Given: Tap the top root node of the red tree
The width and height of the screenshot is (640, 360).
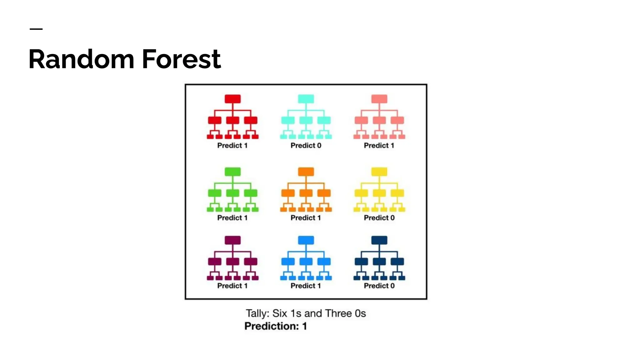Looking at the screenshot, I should (232, 99).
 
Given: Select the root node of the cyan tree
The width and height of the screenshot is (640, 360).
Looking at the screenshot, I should (306, 99).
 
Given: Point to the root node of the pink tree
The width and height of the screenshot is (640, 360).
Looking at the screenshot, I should (379, 99).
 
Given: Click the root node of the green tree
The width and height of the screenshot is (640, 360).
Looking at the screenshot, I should (232, 172).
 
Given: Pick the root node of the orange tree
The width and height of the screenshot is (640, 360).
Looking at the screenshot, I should (306, 172).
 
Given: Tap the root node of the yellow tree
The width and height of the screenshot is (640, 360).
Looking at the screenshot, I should (379, 172).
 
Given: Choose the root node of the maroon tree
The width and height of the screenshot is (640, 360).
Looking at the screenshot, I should (232, 240).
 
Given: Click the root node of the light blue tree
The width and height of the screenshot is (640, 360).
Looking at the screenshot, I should (306, 240).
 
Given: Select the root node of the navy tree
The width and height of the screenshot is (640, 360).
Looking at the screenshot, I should (379, 240).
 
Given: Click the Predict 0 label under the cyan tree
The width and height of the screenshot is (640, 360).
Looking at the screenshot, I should (306, 145).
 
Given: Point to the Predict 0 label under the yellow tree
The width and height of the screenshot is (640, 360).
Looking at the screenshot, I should (379, 218).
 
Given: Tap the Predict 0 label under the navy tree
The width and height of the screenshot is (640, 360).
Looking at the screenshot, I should (379, 286).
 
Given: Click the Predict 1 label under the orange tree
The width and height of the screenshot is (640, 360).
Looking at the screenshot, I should (306, 218).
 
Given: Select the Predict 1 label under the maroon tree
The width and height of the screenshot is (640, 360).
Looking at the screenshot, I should (232, 286).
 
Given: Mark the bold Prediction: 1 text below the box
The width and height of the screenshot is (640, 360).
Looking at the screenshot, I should (276, 326).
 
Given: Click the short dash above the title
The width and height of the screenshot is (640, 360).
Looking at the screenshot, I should (36, 29).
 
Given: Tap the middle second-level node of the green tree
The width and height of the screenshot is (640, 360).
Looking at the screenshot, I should (232, 193).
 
